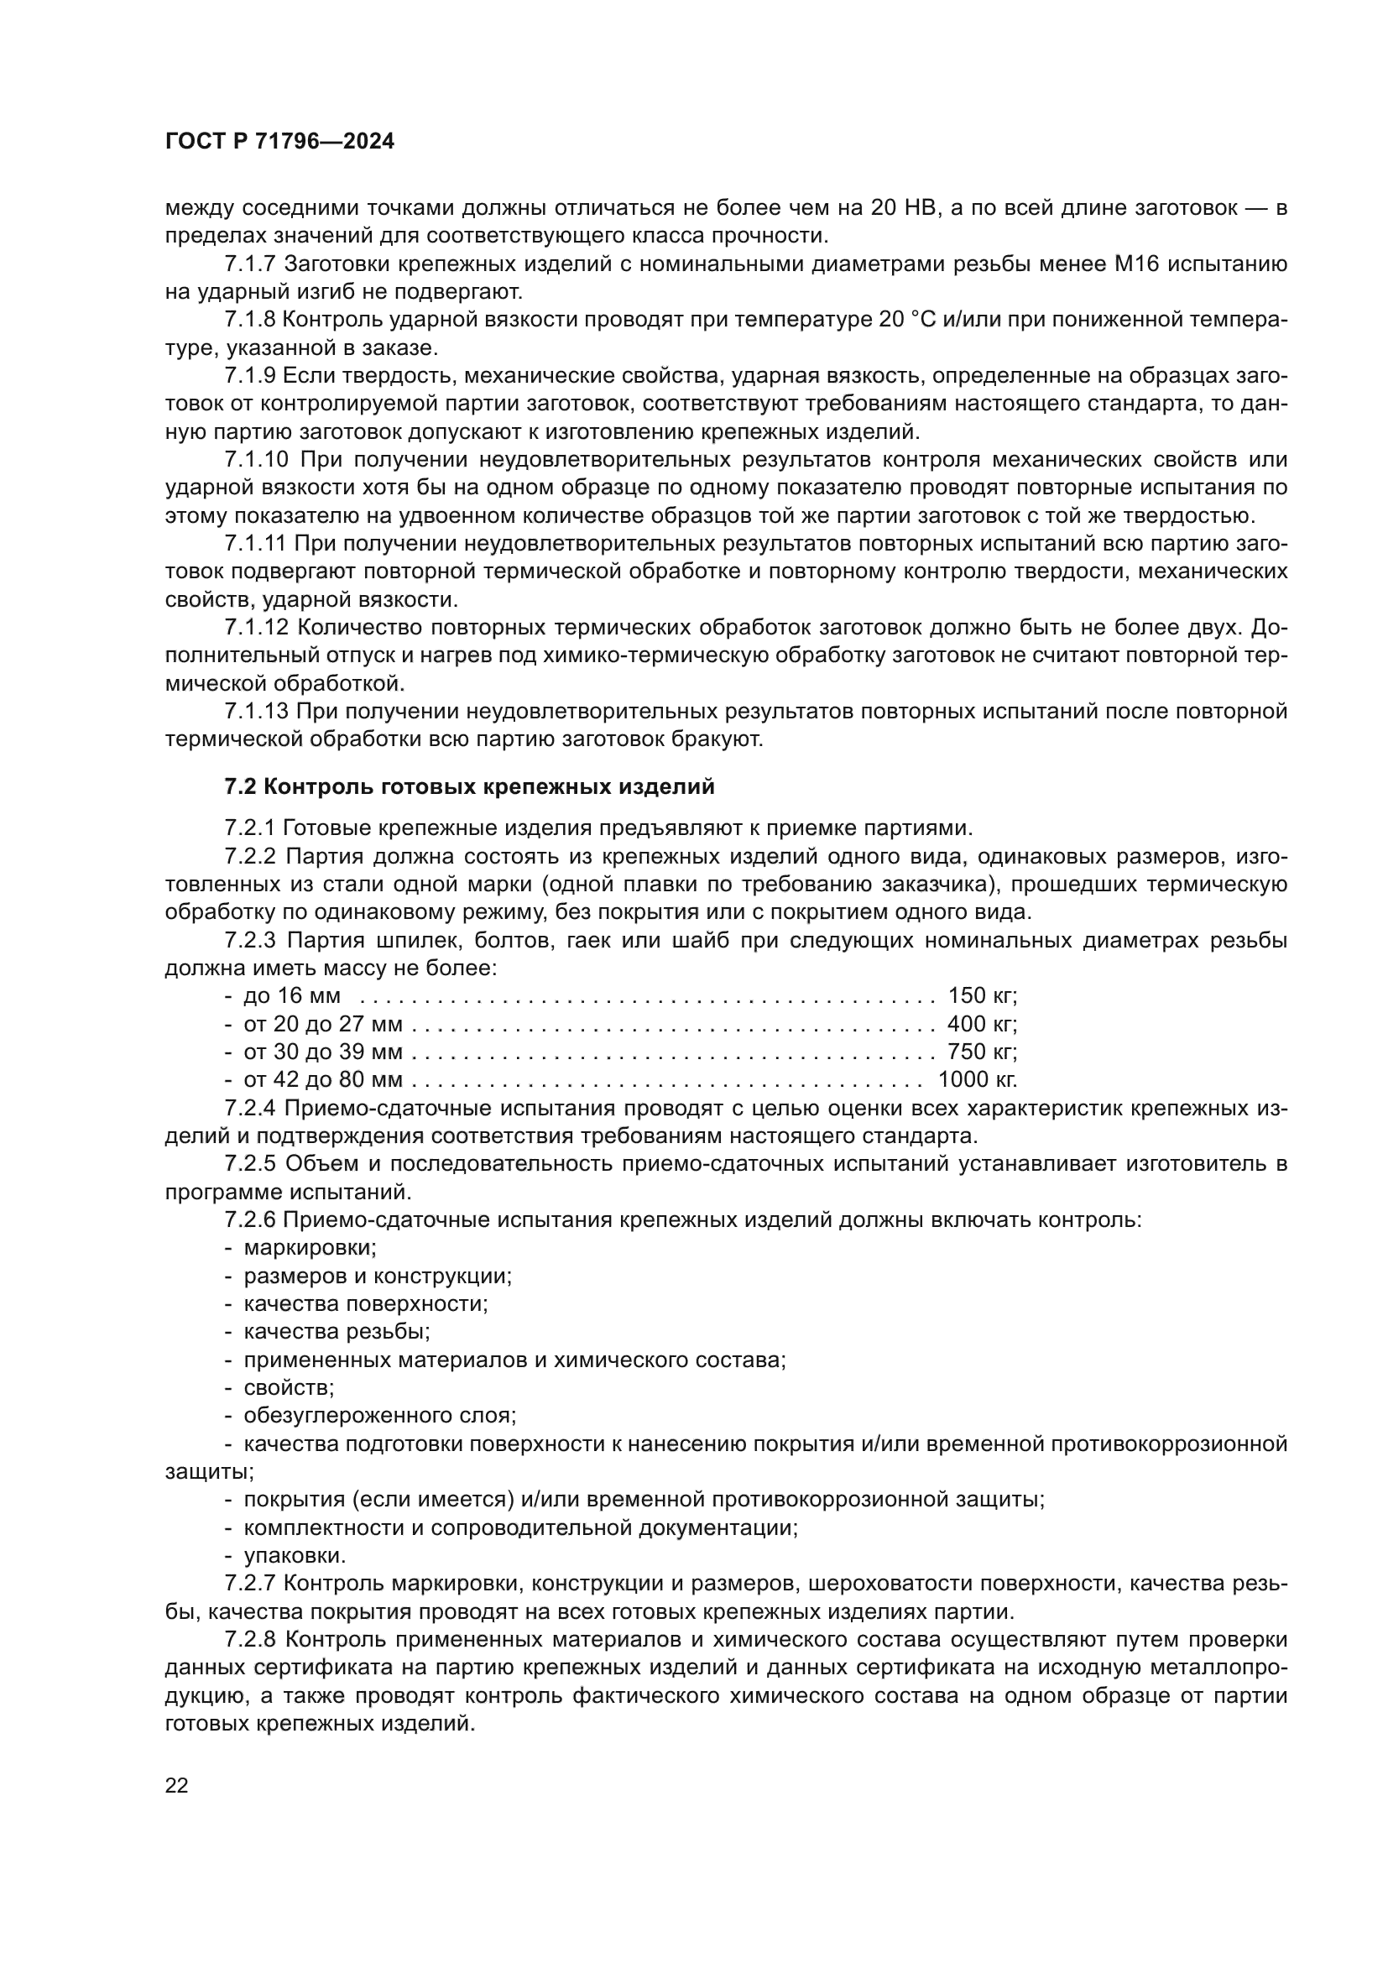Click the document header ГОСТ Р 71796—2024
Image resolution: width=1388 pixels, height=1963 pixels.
pos(279,142)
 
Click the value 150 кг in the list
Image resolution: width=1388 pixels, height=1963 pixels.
pos(981,995)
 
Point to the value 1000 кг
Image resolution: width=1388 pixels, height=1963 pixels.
pos(977,1079)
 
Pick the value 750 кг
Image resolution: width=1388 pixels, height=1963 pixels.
pos(981,1051)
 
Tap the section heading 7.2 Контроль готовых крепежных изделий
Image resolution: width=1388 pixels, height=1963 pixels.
pos(469,786)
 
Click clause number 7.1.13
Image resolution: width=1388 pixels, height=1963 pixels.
pos(257,712)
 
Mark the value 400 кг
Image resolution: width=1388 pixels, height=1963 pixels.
pos(981,1023)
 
